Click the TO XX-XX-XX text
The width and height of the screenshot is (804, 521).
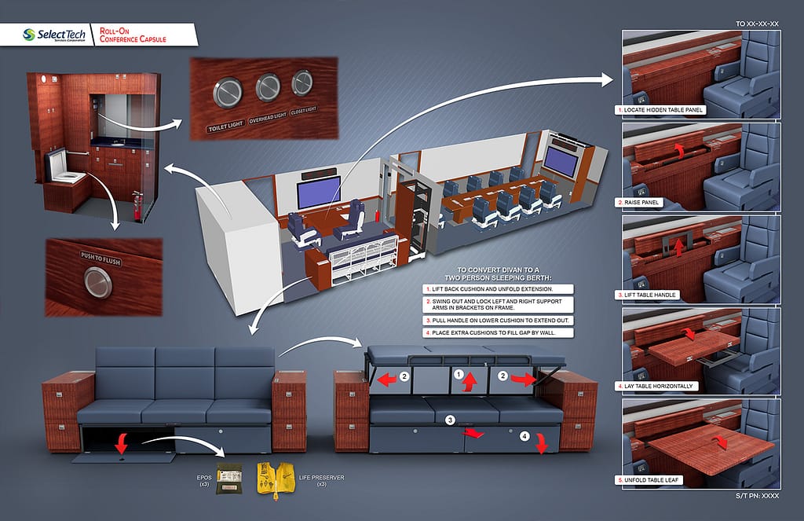click(x=757, y=24)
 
